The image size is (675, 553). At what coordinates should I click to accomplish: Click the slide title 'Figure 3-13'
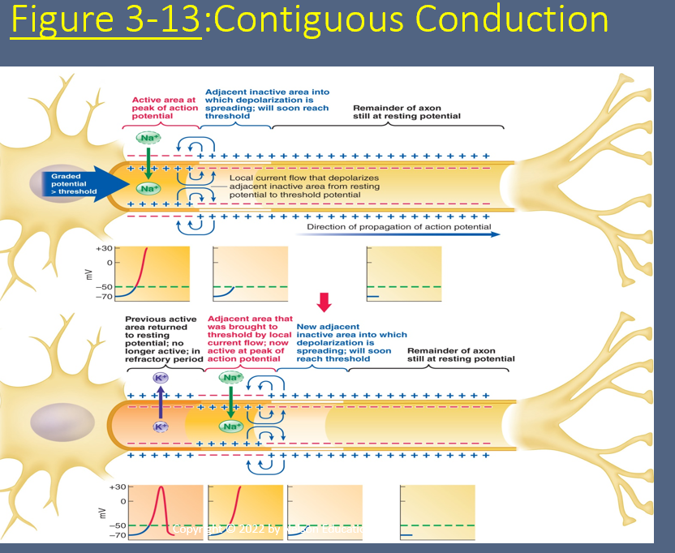[106, 20]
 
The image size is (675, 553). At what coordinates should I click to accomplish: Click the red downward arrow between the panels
[325, 302]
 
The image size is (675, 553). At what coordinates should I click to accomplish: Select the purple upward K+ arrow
[160, 401]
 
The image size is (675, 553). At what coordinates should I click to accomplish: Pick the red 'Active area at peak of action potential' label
[164, 108]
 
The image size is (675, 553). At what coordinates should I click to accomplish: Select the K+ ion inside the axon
[160, 427]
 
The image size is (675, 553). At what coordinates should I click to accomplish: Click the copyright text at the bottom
[268, 529]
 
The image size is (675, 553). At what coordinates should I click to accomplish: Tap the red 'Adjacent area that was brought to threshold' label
[250, 339]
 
